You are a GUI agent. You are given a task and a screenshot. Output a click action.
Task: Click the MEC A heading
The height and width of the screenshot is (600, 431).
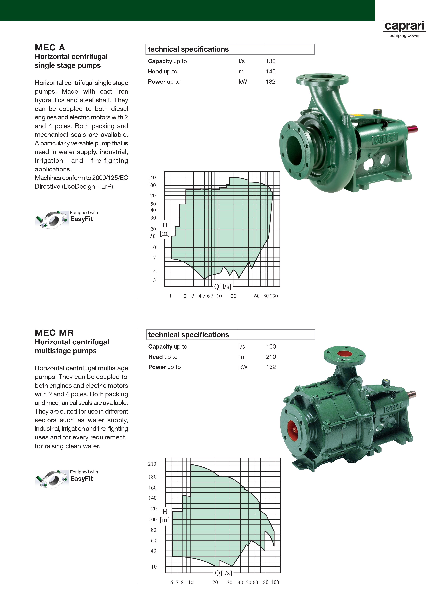tap(50, 48)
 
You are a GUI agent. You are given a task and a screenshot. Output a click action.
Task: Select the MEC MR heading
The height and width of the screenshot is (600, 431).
tap(54, 333)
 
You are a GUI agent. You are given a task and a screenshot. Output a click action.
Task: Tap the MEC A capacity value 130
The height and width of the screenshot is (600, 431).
tap(271, 61)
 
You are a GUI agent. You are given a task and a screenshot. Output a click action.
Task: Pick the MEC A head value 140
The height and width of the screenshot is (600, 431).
tap(271, 71)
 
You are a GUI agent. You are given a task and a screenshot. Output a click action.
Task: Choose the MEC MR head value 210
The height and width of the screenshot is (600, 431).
tap(271, 357)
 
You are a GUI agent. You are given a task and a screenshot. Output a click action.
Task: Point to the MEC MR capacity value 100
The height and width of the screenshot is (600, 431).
tap(271, 346)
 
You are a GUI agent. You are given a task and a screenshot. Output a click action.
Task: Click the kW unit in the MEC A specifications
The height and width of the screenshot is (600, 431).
tap(243, 82)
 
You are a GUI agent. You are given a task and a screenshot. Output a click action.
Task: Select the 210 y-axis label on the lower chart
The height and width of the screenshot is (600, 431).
tap(152, 464)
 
